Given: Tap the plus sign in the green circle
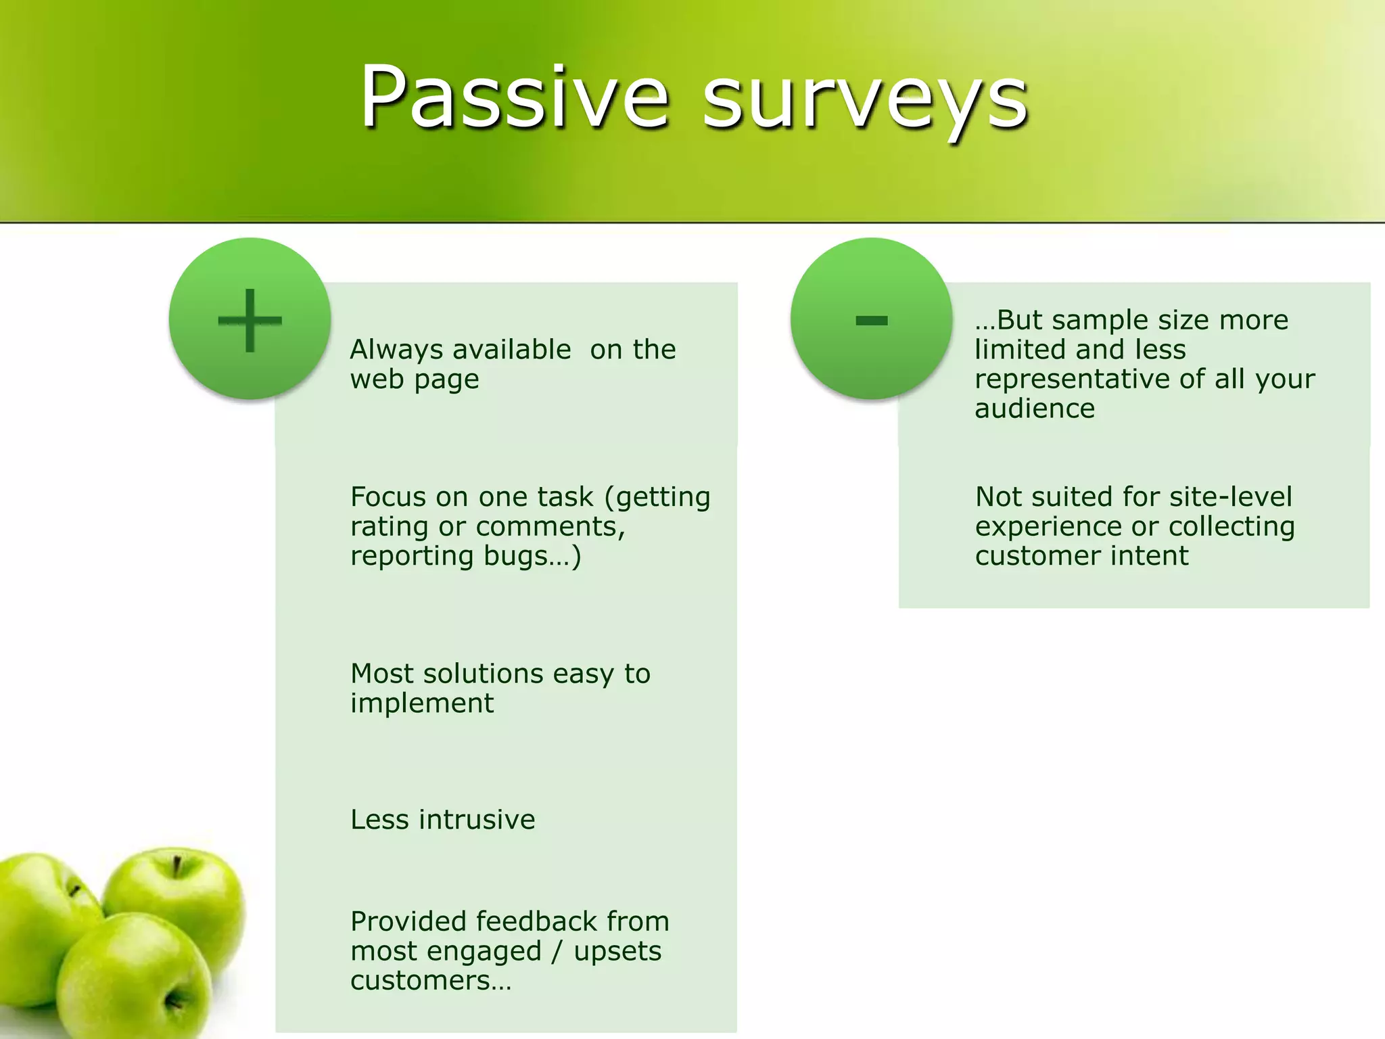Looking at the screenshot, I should click(250, 320).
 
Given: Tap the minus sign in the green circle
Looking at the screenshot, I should click(871, 320).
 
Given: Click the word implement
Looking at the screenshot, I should click(421, 704).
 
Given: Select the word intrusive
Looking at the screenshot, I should click(477, 820).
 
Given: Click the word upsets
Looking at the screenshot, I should click(617, 952).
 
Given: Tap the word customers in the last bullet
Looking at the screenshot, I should click(420, 981).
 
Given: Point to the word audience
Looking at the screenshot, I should click(1034, 409).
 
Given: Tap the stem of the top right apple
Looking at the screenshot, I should click(177, 865).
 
